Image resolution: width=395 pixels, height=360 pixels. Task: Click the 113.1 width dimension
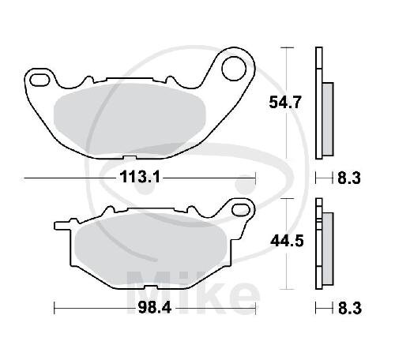[x=140, y=177]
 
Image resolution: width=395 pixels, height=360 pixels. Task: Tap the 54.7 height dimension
[x=284, y=103]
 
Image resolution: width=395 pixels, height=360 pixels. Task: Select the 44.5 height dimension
[x=287, y=241]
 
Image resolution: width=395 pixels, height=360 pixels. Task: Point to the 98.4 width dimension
[x=155, y=307]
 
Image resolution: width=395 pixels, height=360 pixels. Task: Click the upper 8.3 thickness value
[x=349, y=178]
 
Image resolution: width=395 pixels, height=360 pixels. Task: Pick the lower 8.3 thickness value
[x=350, y=308]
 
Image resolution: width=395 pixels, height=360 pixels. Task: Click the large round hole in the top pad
[x=234, y=68]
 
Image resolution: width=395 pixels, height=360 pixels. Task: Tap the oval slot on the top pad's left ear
[x=39, y=80]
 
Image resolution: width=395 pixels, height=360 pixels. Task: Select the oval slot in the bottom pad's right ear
[x=241, y=209]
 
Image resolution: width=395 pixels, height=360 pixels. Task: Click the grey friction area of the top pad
[x=130, y=120]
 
